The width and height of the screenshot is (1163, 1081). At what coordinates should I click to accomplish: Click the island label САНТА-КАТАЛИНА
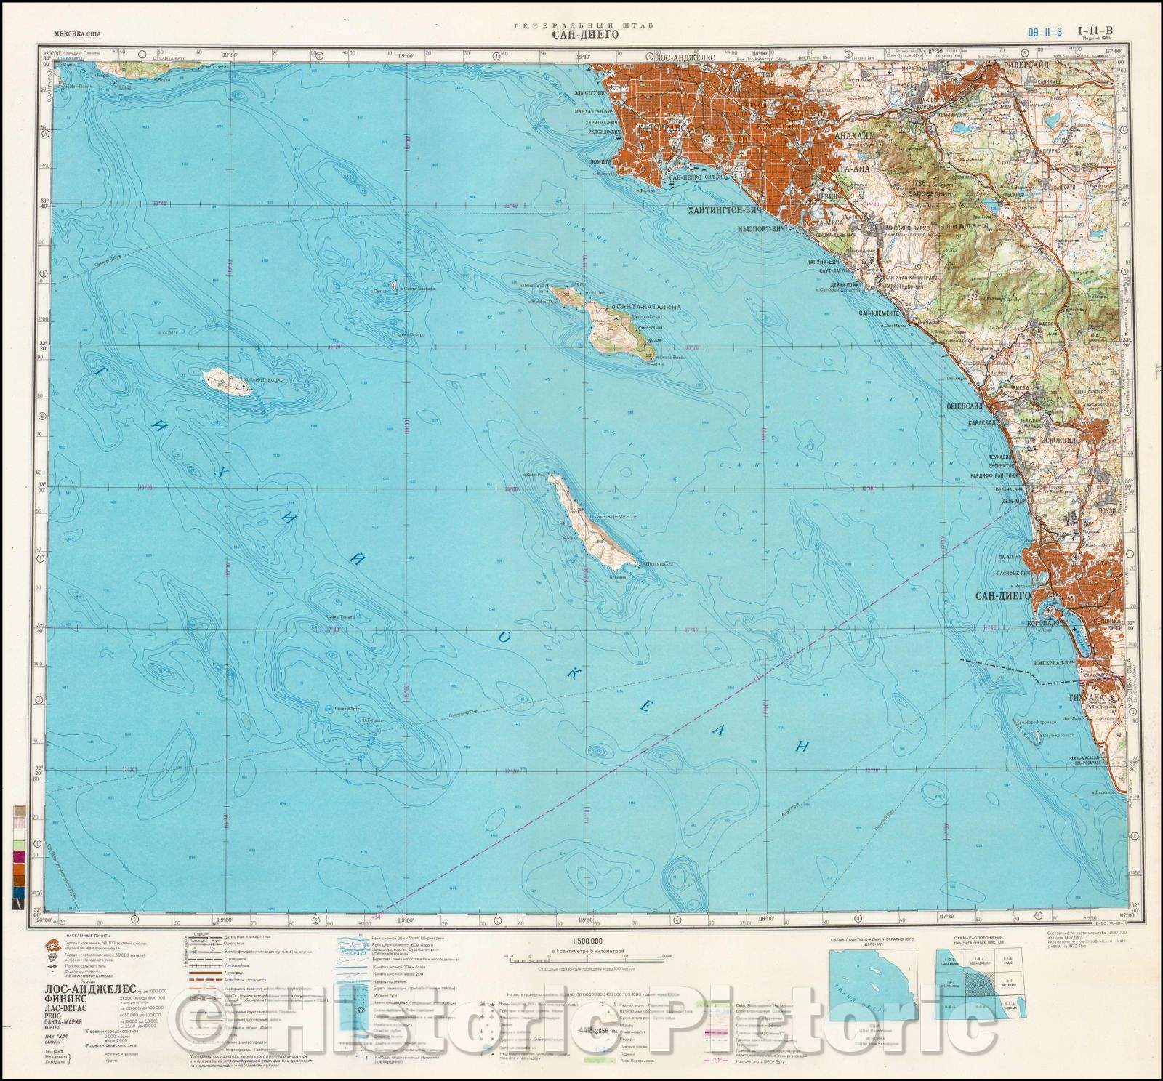(648, 307)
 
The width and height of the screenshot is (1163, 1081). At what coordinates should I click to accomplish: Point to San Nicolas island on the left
(227, 381)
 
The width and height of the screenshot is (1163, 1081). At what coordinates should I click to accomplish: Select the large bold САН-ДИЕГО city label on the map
(1004, 595)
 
